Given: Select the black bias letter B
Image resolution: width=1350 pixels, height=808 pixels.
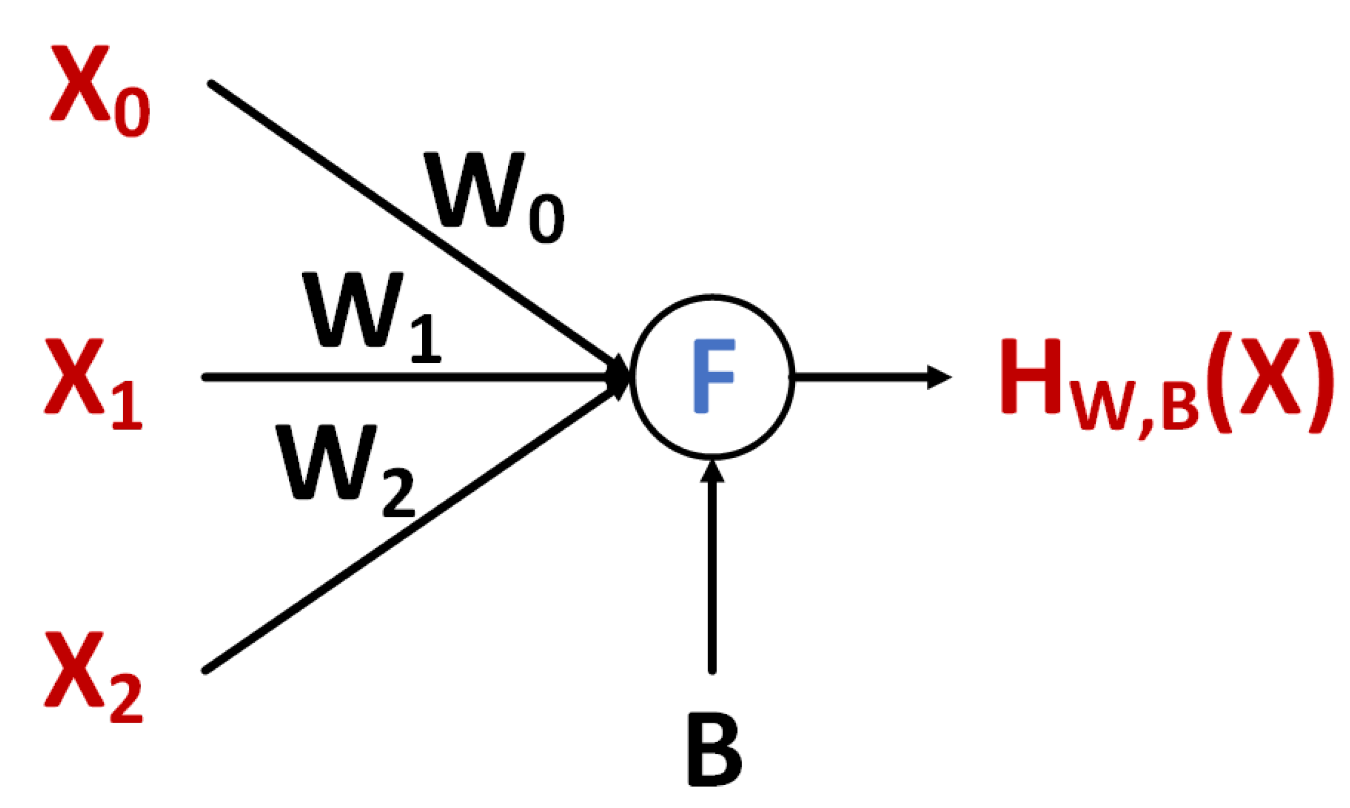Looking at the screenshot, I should tap(714, 750).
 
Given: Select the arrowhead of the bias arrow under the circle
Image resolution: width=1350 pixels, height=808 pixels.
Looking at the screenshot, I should tap(712, 471).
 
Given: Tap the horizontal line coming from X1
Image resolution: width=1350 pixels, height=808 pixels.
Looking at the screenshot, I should tap(390, 378).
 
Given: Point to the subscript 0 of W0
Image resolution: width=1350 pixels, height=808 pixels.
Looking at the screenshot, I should tap(546, 219).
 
